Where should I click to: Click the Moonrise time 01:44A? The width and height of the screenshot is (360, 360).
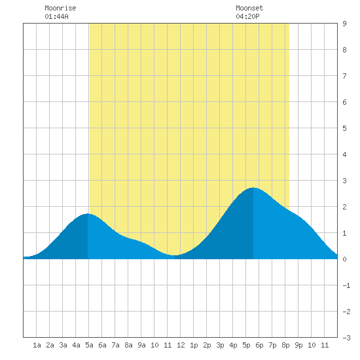click(56, 16)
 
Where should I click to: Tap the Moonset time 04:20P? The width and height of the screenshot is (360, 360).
click(247, 16)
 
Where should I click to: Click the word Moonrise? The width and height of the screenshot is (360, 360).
click(60, 8)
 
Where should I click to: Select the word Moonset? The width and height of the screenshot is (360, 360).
click(249, 8)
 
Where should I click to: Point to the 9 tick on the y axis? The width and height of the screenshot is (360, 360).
click(344, 24)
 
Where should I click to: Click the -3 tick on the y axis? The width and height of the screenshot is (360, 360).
click(346, 338)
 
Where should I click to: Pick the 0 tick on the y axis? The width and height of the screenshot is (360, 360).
click(344, 259)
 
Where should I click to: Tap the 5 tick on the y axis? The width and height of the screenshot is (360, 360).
click(344, 128)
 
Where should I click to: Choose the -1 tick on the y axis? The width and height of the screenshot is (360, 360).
click(346, 285)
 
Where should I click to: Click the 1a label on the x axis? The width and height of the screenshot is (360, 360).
click(37, 345)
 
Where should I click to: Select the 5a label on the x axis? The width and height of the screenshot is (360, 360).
click(89, 345)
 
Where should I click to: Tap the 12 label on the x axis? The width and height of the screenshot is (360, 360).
click(181, 345)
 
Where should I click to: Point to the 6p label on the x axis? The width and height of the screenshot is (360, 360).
click(259, 345)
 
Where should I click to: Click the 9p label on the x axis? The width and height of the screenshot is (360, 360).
click(298, 345)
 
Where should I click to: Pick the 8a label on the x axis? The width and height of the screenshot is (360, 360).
click(128, 345)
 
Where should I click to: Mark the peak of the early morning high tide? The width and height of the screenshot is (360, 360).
click(88, 214)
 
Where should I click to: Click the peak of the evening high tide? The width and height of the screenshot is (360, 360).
click(253, 188)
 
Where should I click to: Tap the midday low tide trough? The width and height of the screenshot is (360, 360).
click(175, 255)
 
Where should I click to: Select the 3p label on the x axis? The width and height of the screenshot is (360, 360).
click(220, 345)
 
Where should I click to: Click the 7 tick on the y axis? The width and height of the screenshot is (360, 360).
click(344, 76)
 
